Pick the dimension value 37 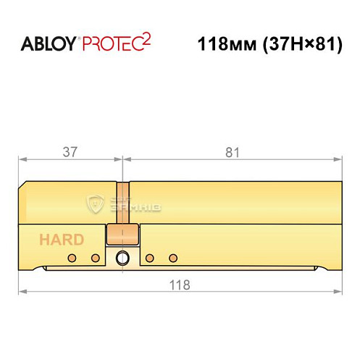point(70,152)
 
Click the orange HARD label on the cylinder point(62,240)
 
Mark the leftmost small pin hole point(71,258)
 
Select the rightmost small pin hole point(172,258)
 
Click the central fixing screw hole point(122,256)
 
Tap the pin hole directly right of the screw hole point(149,258)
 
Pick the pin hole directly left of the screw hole point(94,258)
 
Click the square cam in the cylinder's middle point(122,235)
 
